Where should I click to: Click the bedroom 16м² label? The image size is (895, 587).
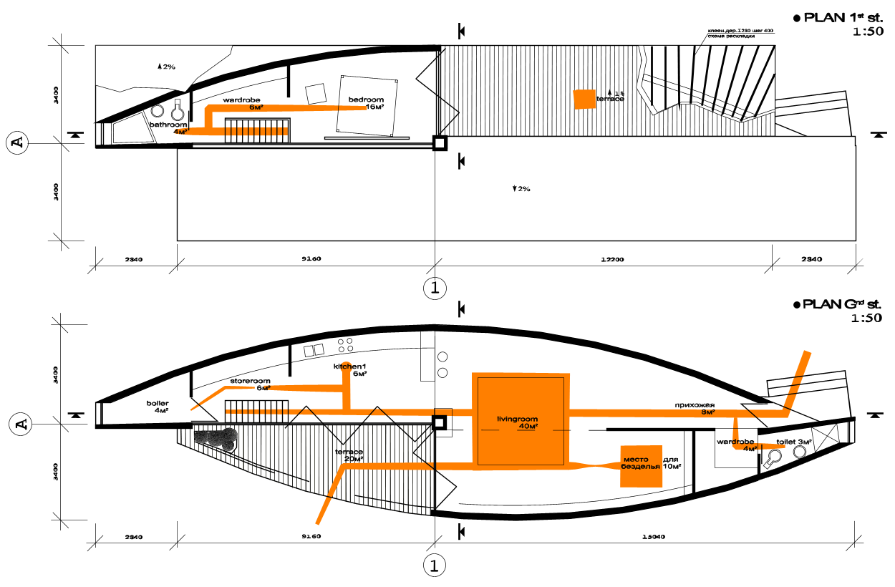(x=366, y=103)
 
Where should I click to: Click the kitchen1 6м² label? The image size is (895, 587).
(x=349, y=370)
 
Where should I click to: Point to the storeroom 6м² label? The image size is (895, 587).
(x=250, y=384)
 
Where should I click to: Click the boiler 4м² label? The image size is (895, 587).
(x=158, y=407)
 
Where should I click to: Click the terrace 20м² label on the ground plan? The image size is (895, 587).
(x=349, y=456)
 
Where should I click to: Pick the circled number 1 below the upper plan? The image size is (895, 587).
(x=435, y=288)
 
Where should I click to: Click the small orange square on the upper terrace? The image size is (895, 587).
(x=584, y=99)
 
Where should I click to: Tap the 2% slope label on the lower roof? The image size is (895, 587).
(x=521, y=189)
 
